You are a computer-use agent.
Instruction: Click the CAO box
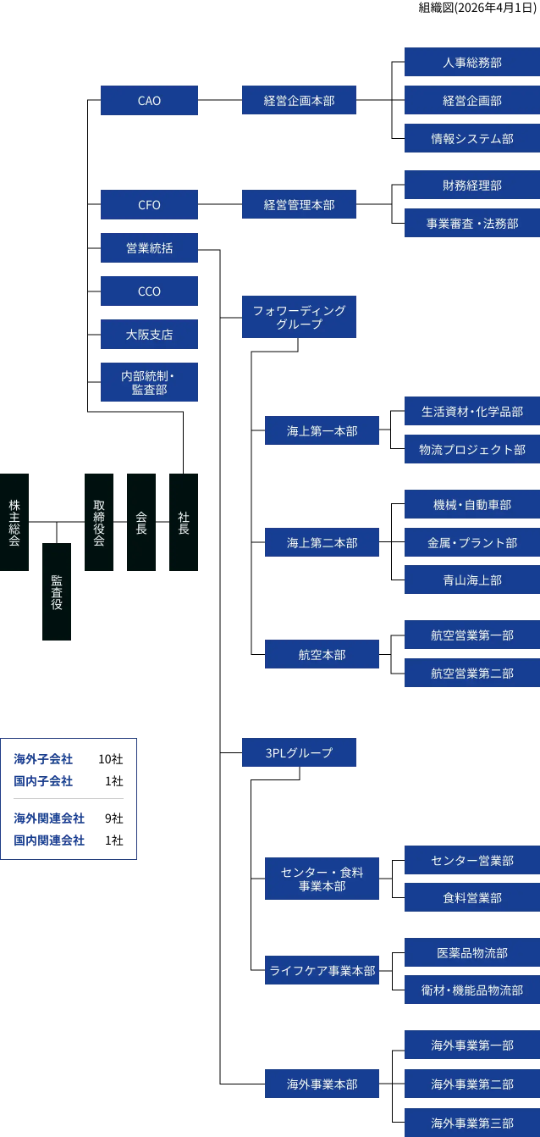pyautogui.click(x=149, y=101)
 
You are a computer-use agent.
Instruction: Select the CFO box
pyautogui.click(x=149, y=205)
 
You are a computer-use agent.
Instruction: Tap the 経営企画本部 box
pyautogui.click(x=299, y=101)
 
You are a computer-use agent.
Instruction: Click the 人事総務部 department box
pyautogui.click(x=471, y=63)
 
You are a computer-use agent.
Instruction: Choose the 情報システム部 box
pyautogui.click(x=471, y=138)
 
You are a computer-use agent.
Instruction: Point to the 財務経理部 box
pyautogui.click(x=471, y=185)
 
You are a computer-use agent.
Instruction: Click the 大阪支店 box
pyautogui.click(x=149, y=335)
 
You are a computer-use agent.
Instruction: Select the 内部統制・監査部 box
pyautogui.click(x=149, y=382)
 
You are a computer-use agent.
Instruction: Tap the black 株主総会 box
pyautogui.click(x=14, y=522)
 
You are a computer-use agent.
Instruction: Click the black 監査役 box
pyautogui.click(x=57, y=591)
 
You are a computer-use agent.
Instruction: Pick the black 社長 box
pyautogui.click(x=184, y=522)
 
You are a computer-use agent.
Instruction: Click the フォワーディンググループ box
pyautogui.click(x=299, y=317)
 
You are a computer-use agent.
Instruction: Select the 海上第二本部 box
pyautogui.click(x=322, y=542)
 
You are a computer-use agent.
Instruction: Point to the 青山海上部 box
pyautogui.click(x=471, y=580)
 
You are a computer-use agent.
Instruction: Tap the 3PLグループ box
pyautogui.click(x=299, y=752)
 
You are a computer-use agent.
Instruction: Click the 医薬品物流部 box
pyautogui.click(x=471, y=953)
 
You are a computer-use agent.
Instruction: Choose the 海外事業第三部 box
pyautogui.click(x=471, y=1123)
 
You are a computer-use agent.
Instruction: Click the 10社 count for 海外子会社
pyautogui.click(x=111, y=759)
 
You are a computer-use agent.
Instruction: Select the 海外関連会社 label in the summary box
pyautogui.click(x=49, y=818)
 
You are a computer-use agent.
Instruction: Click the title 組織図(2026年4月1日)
pyautogui.click(x=477, y=8)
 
